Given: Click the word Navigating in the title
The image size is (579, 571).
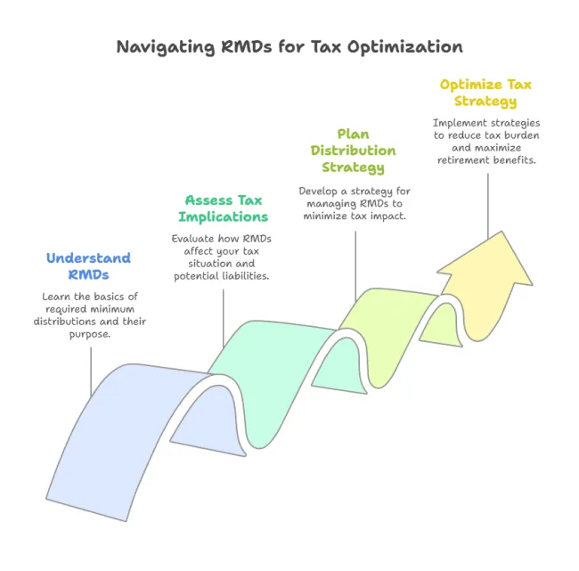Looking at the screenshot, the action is tap(166, 47).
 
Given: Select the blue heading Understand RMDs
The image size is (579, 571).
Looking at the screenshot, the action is tap(88, 266).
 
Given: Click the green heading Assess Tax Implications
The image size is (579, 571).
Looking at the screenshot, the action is tap(224, 208).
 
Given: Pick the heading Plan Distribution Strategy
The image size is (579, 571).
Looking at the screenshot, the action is tap(353, 151).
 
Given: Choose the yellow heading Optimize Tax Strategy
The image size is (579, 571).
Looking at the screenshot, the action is tap(485, 93).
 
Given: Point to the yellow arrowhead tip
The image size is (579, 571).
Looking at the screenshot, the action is tap(502, 232).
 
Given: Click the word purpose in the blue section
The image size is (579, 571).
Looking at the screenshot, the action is tap(90, 335).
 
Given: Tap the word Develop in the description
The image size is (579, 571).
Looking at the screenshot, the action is tap(318, 192).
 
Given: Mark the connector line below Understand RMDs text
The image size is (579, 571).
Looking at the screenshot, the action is tap(91, 372).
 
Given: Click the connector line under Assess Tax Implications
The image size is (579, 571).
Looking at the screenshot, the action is tap(224, 318).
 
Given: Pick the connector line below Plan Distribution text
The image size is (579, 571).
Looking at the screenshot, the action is tap(355, 266).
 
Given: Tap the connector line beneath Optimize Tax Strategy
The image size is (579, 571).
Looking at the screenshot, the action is tap(488, 206).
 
